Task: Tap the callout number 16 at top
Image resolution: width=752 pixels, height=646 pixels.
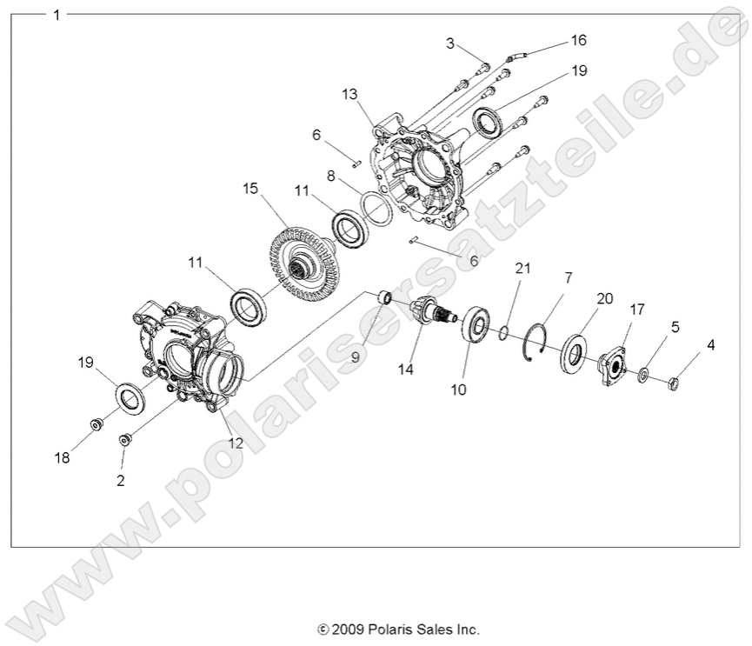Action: (x=579, y=40)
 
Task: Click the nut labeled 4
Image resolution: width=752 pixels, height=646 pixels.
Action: (x=675, y=380)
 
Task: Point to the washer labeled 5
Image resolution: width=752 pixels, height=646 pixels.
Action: (x=643, y=375)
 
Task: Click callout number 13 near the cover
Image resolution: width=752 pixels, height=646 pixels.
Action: (x=349, y=93)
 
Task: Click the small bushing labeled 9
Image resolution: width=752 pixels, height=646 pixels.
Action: (x=382, y=299)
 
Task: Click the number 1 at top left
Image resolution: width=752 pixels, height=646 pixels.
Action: (x=57, y=15)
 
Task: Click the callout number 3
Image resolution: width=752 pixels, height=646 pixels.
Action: (x=450, y=43)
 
